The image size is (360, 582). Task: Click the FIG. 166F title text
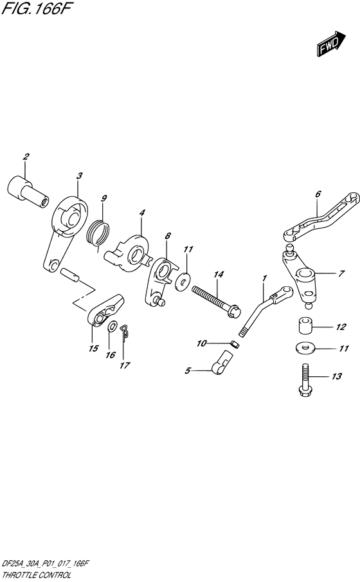(32, 9)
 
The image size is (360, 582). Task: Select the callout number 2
(26, 157)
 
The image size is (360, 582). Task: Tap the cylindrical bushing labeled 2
(28, 192)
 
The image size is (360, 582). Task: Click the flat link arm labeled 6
(320, 215)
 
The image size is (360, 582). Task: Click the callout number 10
(201, 344)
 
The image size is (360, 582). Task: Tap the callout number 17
(124, 366)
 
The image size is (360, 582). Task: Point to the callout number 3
(78, 176)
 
